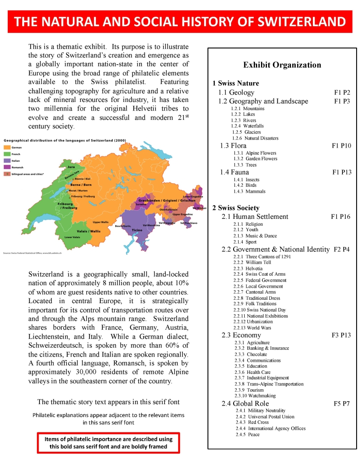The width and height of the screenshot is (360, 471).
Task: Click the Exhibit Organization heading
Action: tap(282, 65)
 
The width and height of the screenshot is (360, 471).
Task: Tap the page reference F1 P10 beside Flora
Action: tap(341, 146)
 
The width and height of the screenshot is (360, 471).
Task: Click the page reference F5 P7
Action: tap(342, 403)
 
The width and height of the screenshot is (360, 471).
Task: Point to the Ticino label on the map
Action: tap(137, 230)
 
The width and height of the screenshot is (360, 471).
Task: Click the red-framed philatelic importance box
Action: tap(108, 443)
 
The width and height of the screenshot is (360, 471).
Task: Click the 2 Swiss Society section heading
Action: tap(236, 208)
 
